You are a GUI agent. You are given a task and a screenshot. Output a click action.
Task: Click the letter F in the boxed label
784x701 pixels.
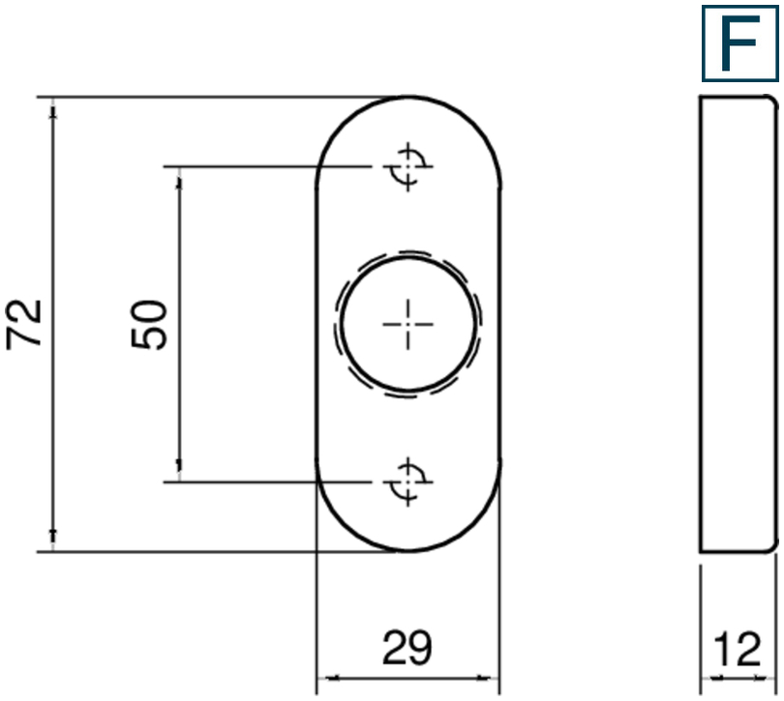coord(740,43)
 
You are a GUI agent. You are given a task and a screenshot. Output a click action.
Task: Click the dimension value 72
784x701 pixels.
coord(24,324)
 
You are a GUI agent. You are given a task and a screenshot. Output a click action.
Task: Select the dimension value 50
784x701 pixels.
coord(148,324)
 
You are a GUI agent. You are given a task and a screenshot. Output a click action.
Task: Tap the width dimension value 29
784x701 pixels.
coord(407,647)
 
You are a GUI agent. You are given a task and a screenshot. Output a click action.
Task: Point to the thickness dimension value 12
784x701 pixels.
coord(738,649)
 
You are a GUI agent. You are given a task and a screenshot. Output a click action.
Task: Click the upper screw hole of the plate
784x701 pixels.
coord(408,166)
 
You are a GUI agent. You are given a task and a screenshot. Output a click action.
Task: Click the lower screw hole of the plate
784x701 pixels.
coord(408,482)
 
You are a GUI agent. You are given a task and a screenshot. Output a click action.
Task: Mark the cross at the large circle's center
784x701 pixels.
coord(408,324)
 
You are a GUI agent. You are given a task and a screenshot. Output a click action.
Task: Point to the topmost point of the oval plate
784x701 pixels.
coord(408,97)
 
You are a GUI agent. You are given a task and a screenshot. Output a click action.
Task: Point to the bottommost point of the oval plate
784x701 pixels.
coord(408,551)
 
